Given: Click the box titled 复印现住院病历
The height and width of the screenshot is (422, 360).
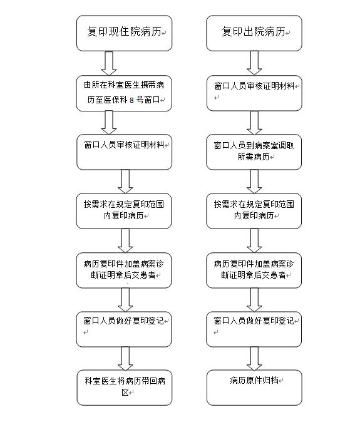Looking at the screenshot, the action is click(x=124, y=33).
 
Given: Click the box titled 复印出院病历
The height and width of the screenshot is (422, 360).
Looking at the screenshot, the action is click(x=254, y=33).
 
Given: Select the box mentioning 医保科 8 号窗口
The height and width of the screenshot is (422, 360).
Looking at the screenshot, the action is click(x=124, y=93).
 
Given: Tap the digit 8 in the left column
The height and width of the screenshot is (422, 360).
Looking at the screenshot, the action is click(x=131, y=100).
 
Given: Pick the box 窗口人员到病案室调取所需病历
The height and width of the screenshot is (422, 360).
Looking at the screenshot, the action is click(x=254, y=152).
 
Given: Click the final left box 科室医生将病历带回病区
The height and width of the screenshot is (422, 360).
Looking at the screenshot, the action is click(x=125, y=388).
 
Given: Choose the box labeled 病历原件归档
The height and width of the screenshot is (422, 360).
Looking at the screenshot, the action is click(x=254, y=388).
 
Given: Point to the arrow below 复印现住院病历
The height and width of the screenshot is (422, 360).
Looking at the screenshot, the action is click(x=109, y=63).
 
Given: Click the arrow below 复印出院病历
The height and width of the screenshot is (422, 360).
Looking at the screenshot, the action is click(x=254, y=63).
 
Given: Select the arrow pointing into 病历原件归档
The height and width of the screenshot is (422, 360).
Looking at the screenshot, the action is click(x=254, y=359).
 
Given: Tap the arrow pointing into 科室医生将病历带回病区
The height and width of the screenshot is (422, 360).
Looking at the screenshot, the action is click(x=125, y=359).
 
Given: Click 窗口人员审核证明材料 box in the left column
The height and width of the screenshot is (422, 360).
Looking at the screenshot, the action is click(x=124, y=152).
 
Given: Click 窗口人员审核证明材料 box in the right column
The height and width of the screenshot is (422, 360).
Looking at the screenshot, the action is click(x=254, y=93).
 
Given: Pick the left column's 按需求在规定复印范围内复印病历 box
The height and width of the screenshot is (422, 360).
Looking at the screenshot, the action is click(x=124, y=211).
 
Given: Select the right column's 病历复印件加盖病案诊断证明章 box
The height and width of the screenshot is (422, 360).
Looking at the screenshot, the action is click(x=254, y=270).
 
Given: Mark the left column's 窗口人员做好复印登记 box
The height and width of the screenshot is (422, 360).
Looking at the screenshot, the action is click(x=124, y=329).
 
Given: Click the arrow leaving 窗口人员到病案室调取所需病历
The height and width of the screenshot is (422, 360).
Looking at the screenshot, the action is click(x=254, y=182).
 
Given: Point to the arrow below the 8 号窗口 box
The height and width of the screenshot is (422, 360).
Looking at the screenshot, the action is click(x=109, y=123).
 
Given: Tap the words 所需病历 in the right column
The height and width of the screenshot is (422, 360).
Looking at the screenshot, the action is click(x=254, y=157).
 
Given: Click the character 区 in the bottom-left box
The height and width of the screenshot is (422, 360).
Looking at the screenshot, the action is click(x=125, y=392).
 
